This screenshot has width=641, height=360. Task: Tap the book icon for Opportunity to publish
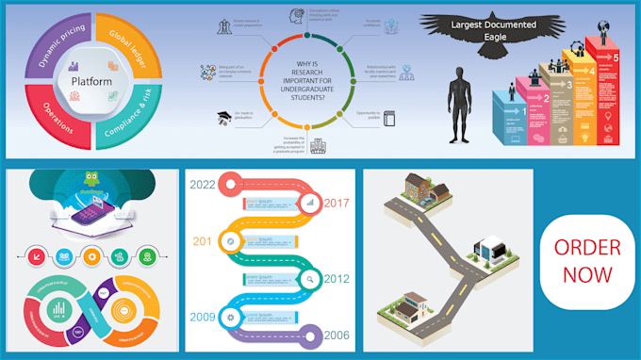coord(389,117)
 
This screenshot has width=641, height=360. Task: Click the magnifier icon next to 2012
coord(309,278)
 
